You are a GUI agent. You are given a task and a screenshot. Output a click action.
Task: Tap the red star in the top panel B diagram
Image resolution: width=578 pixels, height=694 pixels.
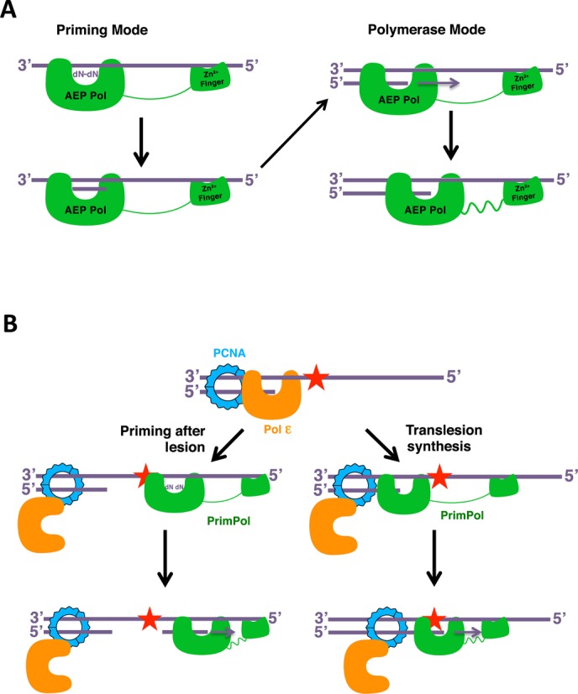[x=315, y=378]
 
